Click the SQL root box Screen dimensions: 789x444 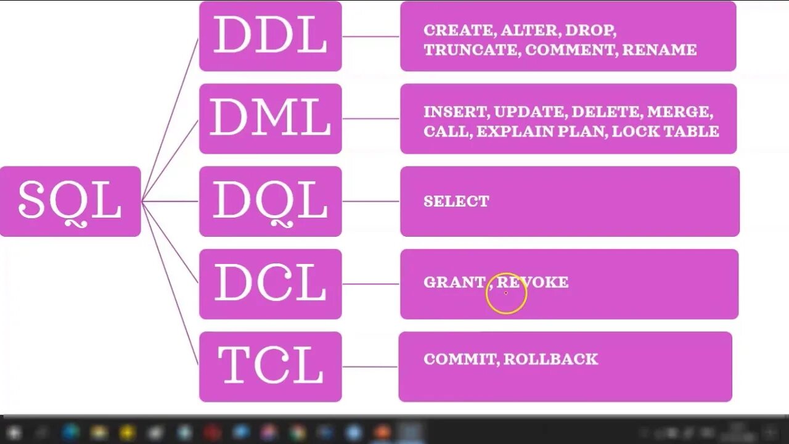click(x=70, y=201)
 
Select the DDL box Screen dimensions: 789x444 click(x=270, y=36)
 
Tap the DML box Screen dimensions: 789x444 click(x=270, y=118)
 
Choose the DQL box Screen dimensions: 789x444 click(x=270, y=201)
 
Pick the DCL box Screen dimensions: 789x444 click(x=270, y=284)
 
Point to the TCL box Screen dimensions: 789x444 click(x=270, y=366)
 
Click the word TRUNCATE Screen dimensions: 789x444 click(x=472, y=50)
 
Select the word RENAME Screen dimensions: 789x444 click(x=659, y=50)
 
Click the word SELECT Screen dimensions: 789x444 click(x=456, y=201)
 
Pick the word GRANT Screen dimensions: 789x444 click(x=454, y=282)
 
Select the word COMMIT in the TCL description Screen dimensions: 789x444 click(x=459, y=359)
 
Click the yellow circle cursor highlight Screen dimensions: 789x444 click(x=506, y=294)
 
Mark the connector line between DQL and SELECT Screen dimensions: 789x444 click(x=370, y=201)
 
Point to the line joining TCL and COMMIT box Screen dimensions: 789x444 click(x=370, y=367)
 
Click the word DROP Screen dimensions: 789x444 click(x=589, y=30)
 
